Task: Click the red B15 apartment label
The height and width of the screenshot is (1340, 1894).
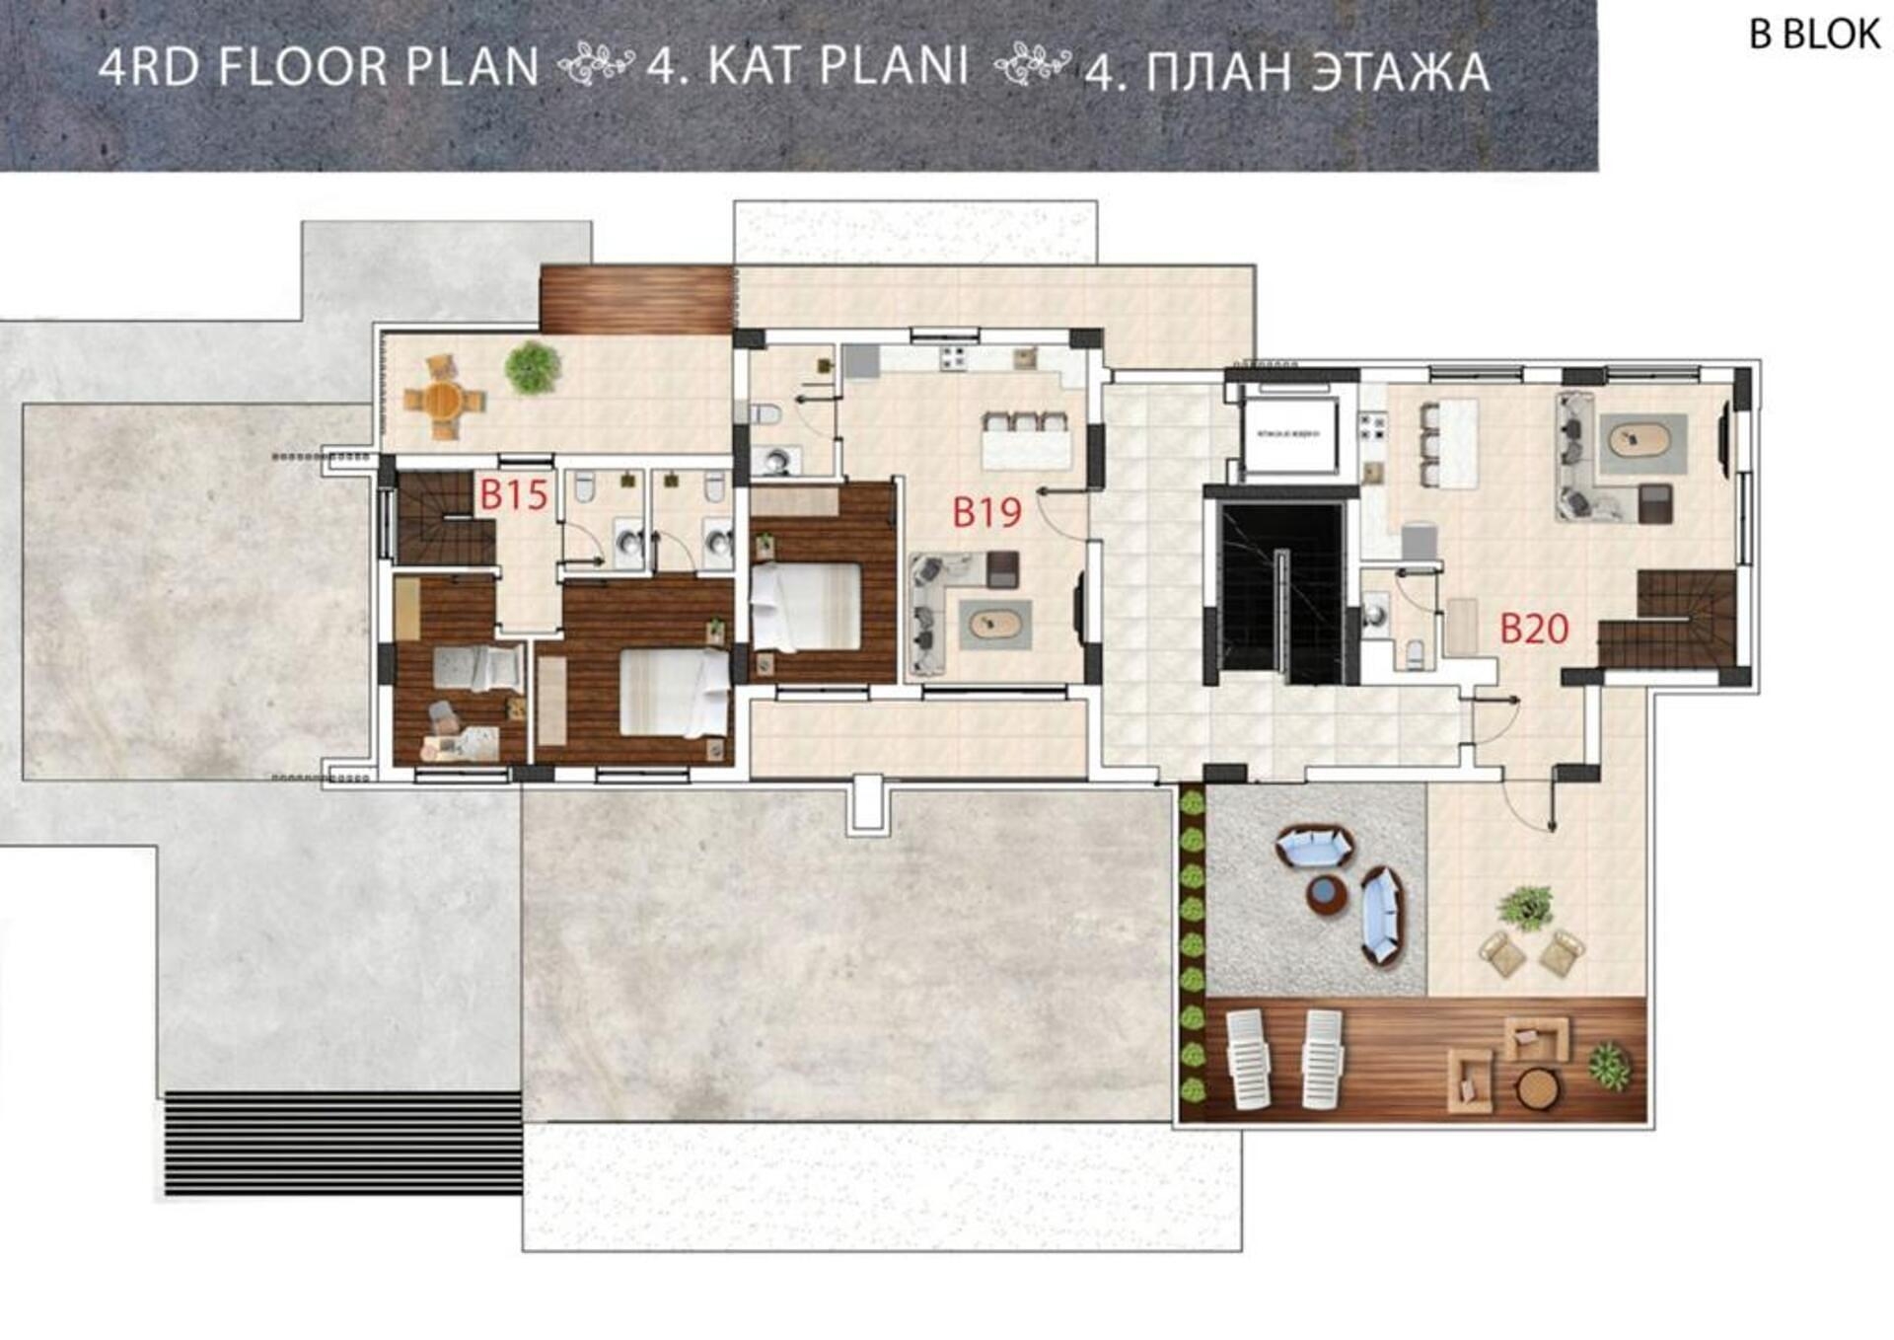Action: (513, 494)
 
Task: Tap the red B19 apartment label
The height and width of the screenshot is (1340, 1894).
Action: (986, 512)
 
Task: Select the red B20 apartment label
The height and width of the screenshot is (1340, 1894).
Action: (1534, 629)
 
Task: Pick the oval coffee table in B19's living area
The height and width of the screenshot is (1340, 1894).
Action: (995, 625)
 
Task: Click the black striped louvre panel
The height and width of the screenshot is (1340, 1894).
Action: (342, 1143)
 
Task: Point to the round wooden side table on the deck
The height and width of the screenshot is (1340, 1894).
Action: (1537, 1089)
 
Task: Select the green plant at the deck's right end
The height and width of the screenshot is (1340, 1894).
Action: (1609, 1067)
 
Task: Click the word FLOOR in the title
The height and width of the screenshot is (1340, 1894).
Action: (304, 67)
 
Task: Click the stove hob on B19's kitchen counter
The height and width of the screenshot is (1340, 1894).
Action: (953, 357)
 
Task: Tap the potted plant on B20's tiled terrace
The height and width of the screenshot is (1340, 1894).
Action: (1526, 906)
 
